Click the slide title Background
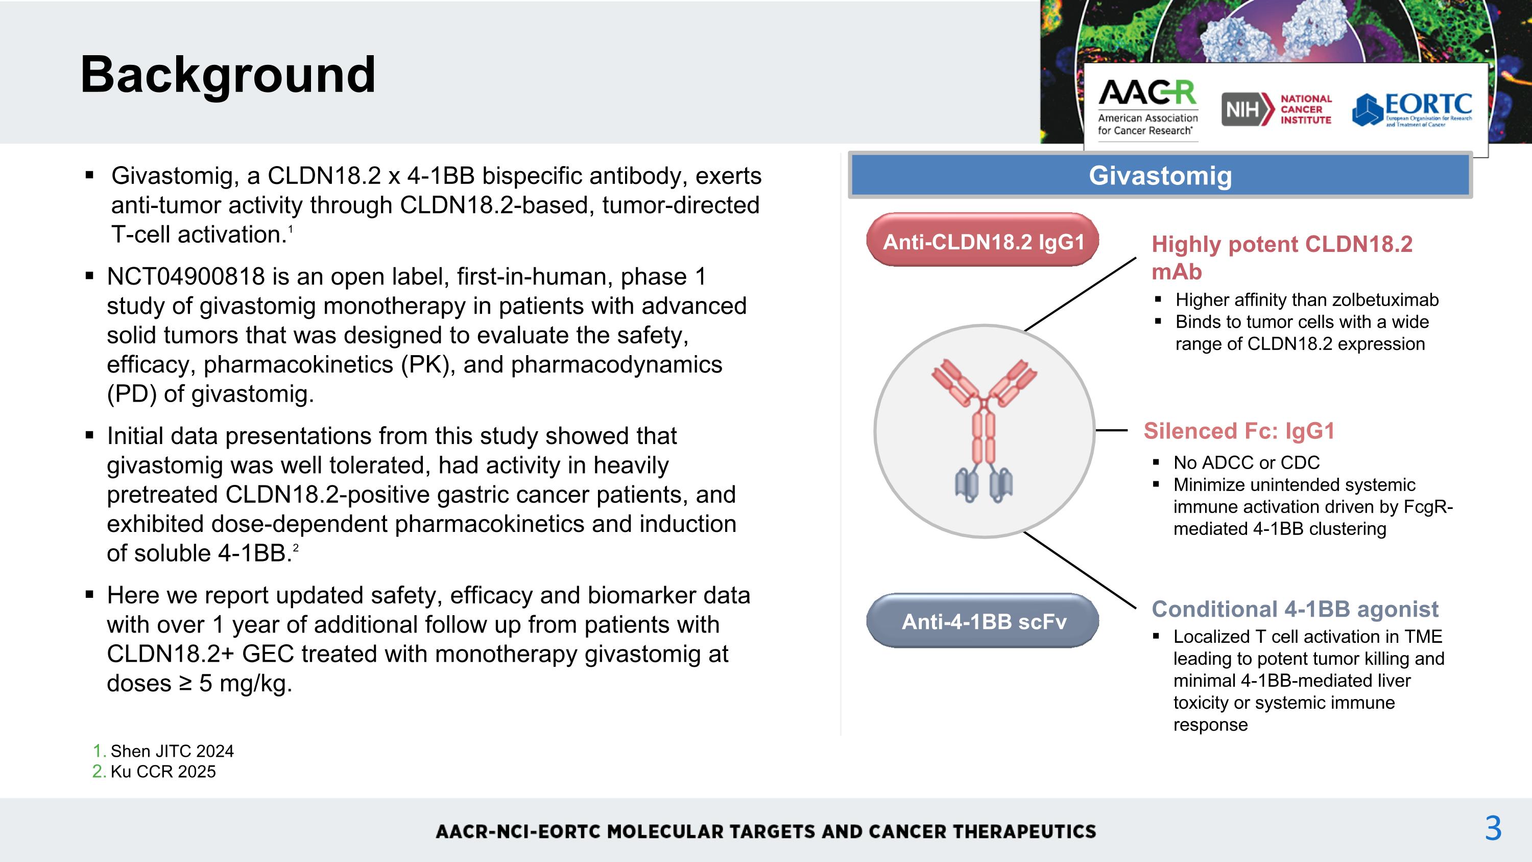pos(228,75)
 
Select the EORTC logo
pos(1412,109)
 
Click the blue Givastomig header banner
pos(1160,175)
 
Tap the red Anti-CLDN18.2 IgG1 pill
pos(983,241)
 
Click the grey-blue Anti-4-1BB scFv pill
pos(983,621)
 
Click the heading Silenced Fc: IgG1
pos(1239,431)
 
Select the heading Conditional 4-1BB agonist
pos(1295,609)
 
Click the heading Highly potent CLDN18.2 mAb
pos(1282,257)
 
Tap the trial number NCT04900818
pos(185,276)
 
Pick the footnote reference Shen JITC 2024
pos(172,751)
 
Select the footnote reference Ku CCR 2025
pos(163,772)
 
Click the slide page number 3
pos(1493,829)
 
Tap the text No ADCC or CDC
pos(1246,463)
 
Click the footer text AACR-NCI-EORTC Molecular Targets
pos(765,831)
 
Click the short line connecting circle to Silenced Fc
pos(1111,430)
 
